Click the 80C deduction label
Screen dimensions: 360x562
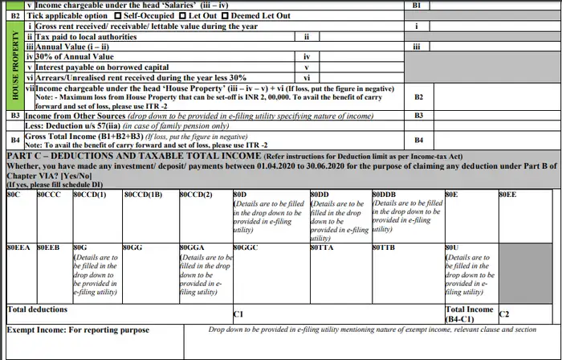14,194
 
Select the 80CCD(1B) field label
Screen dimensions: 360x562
145,194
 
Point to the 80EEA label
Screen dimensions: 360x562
19,247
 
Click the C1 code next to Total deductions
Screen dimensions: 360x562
238,314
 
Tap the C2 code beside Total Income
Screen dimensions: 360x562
504,314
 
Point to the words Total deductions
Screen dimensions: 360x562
38,309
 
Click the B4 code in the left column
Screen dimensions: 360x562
14,139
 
